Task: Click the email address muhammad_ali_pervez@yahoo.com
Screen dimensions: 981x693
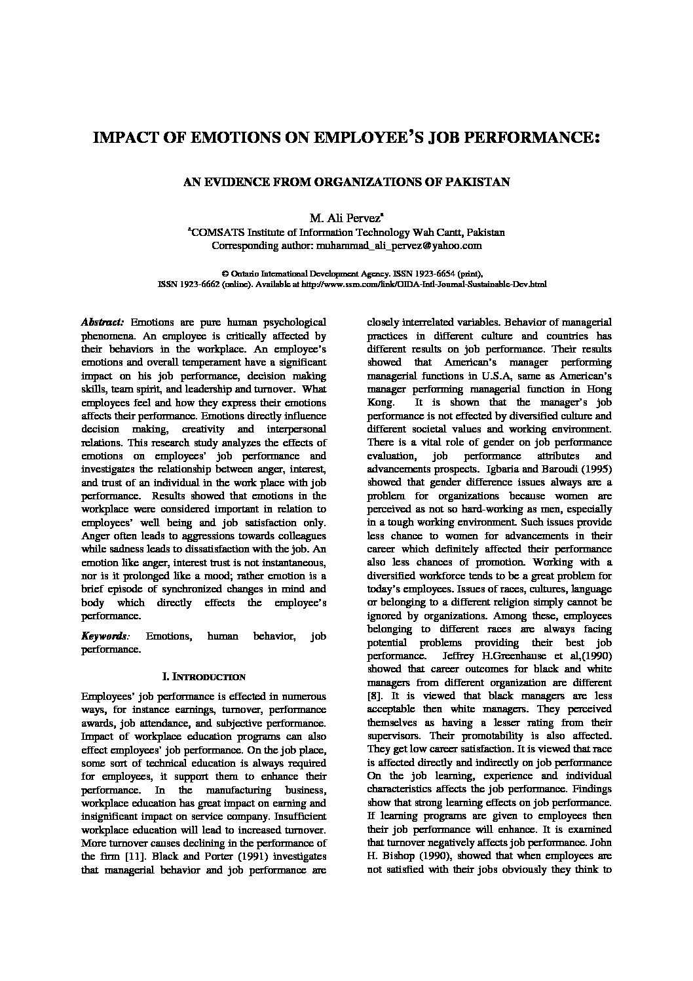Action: click(x=399, y=246)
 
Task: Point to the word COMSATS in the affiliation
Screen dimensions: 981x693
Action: click(x=214, y=233)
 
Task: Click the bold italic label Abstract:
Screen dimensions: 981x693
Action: click(x=102, y=322)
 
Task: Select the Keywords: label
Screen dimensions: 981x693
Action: click(x=105, y=636)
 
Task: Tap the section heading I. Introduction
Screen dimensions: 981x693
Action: click(x=203, y=676)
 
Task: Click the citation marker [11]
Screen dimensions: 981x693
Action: click(x=126, y=856)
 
